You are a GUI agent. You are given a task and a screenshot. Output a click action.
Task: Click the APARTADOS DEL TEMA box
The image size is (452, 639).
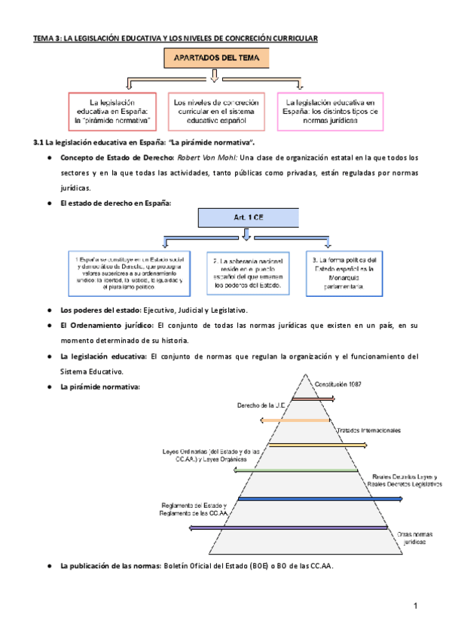[x=215, y=57]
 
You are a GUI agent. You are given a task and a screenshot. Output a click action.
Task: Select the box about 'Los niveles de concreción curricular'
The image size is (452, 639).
[x=215, y=111]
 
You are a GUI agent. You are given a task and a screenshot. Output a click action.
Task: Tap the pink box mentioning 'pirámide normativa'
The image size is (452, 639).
[x=112, y=111]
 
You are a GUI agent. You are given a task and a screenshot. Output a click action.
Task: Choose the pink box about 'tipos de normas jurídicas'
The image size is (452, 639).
[x=327, y=111]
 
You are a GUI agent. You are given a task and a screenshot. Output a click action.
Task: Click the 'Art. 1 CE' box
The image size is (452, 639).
[x=246, y=216]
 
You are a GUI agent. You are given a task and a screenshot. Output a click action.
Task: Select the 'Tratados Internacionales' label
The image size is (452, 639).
[x=368, y=430]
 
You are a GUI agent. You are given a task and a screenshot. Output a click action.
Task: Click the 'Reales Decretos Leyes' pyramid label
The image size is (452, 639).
[x=406, y=481]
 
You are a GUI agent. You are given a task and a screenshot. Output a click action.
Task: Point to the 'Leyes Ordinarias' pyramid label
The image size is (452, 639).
[x=210, y=455]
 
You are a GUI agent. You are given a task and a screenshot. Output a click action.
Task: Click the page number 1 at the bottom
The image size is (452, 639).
[x=414, y=606]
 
